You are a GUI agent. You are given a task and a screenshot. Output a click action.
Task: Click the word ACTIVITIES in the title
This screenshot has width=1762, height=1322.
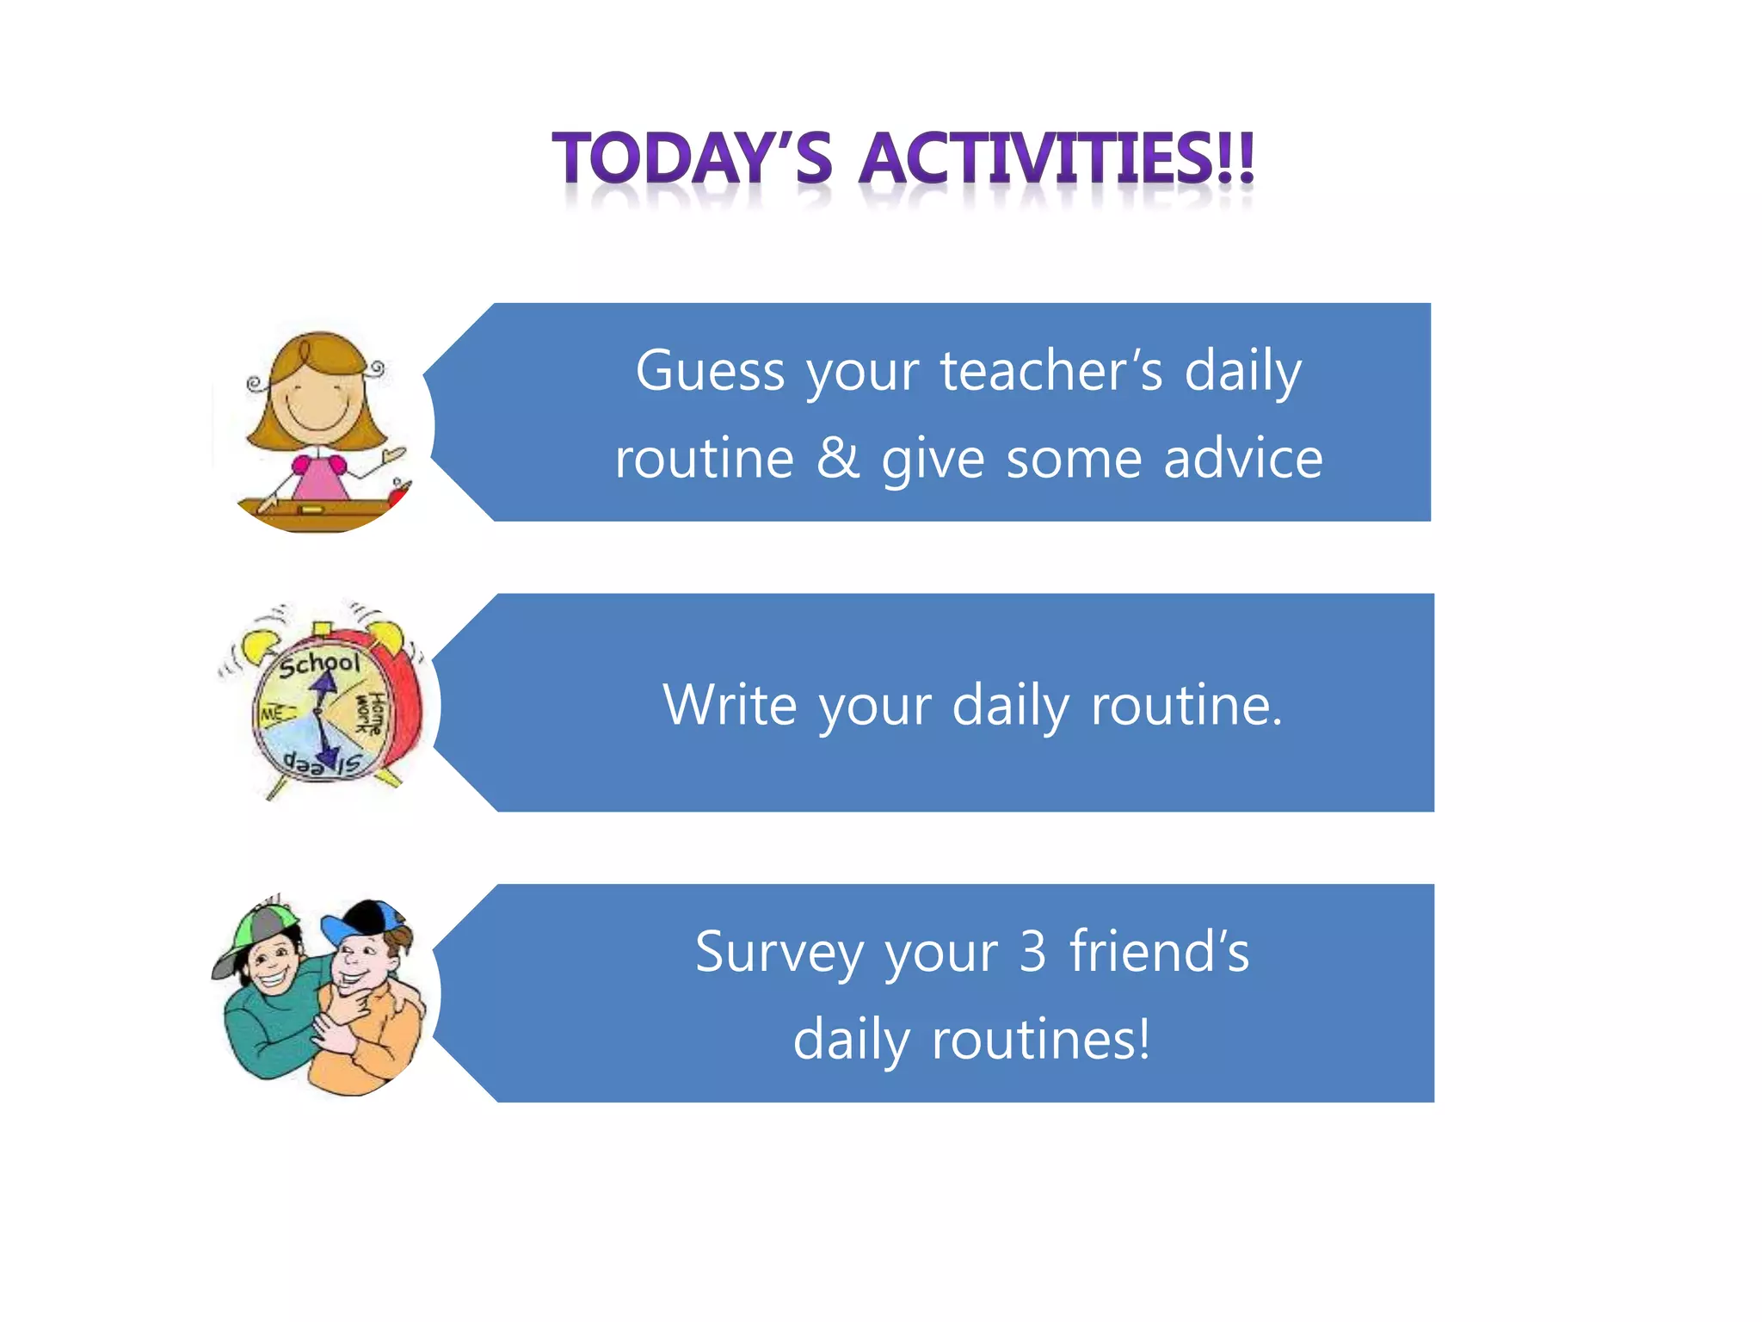coord(1057,159)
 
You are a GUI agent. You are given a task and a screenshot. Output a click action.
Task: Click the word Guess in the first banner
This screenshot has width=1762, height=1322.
coord(710,372)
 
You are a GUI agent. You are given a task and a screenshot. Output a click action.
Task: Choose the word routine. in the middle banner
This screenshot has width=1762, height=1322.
coord(1186,705)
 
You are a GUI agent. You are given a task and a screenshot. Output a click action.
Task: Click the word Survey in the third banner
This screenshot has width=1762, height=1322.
coord(779,953)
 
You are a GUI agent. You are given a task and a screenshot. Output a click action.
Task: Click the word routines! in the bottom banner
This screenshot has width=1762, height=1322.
coord(1041,1040)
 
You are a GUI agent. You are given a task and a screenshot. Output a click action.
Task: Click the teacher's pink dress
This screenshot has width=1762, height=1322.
coord(319,479)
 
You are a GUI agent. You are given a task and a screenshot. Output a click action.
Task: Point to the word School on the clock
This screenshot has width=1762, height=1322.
coord(318,664)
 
